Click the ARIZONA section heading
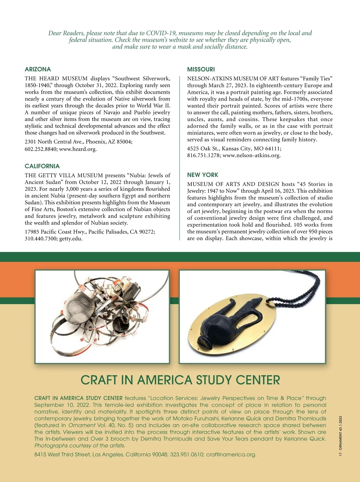[x=38, y=69]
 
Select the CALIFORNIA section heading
[x=42, y=166]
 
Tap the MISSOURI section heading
[x=201, y=69]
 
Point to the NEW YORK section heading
[x=202, y=175]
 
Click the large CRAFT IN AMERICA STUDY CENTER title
[x=180, y=380]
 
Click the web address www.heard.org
[x=78, y=149]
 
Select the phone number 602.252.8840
[x=41, y=149]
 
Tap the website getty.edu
[x=71, y=239]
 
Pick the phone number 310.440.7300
[x=41, y=239]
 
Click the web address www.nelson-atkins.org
[x=252, y=155]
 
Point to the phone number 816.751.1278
[x=204, y=155]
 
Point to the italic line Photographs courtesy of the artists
[x=80, y=446]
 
